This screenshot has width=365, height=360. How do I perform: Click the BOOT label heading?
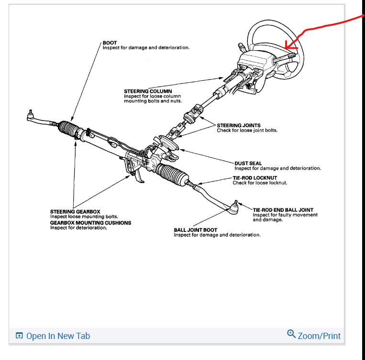click(x=110, y=43)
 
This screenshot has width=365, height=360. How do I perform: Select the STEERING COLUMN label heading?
click(x=148, y=91)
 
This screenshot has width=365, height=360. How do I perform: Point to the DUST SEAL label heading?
click(x=248, y=164)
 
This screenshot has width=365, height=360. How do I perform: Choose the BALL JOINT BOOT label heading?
click(x=195, y=230)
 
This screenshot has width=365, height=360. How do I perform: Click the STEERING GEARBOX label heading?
click(x=75, y=212)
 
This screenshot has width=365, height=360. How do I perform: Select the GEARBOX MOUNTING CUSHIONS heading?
click(x=90, y=223)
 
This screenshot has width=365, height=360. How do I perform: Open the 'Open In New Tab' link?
click(x=58, y=336)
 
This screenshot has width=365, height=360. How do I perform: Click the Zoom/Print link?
click(x=319, y=336)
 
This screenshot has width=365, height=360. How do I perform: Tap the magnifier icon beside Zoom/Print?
click(x=291, y=334)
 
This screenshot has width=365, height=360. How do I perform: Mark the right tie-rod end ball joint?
click(x=235, y=207)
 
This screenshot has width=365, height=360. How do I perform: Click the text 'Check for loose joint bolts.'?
click(x=247, y=131)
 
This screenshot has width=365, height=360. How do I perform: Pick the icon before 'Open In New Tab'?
click(x=19, y=336)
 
